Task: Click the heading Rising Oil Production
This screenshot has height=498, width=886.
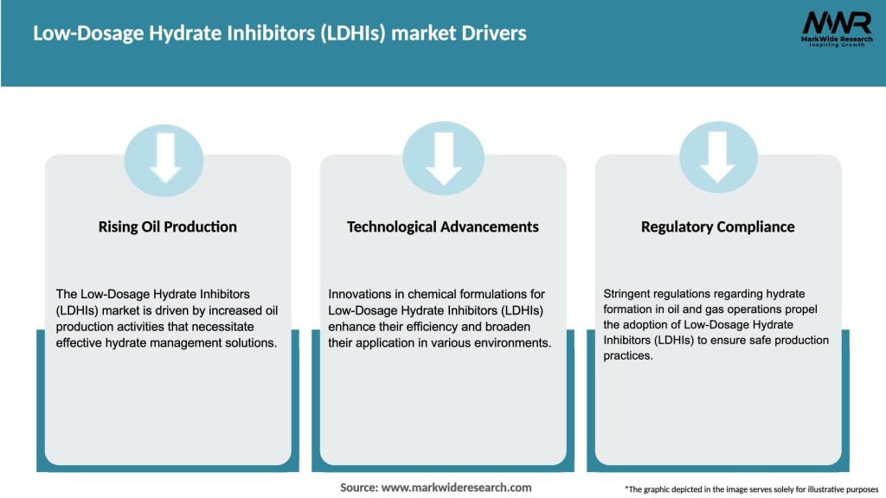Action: pyautogui.click(x=168, y=227)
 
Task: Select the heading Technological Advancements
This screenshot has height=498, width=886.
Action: pyautogui.click(x=442, y=227)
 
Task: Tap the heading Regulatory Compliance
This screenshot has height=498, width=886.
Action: pyautogui.click(x=717, y=227)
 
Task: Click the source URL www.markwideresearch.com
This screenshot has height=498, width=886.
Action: pyautogui.click(x=456, y=488)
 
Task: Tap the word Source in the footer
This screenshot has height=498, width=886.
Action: pyautogui.click(x=359, y=488)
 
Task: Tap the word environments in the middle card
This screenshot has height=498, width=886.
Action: pyautogui.click(x=514, y=342)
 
